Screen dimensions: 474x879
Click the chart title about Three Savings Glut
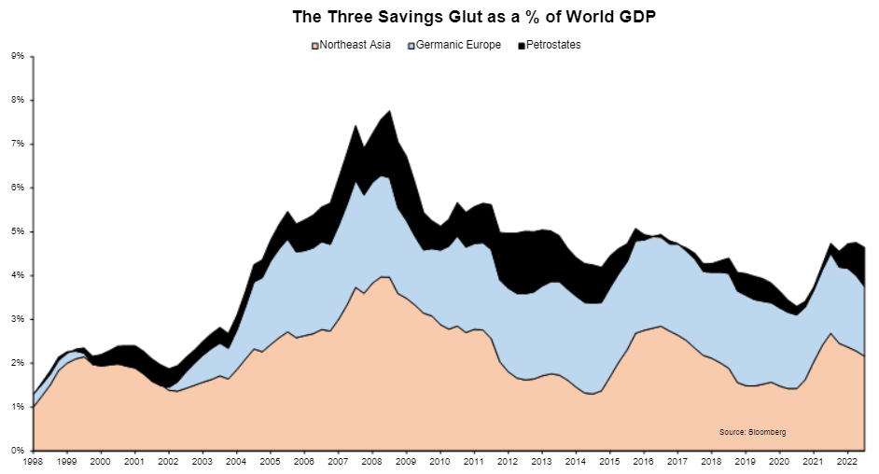coord(440,17)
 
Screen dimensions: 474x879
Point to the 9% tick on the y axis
coord(18,56)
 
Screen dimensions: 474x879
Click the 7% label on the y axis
coord(18,144)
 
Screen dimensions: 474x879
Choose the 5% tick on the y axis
coord(18,231)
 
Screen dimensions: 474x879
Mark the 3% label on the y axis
coord(18,319)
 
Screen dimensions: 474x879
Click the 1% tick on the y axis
coord(18,407)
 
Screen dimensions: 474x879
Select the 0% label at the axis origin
coord(18,451)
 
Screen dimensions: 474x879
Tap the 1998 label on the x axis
coord(33,462)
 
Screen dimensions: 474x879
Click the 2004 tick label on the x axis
coord(236,462)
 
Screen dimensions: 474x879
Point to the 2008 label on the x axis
coord(372,462)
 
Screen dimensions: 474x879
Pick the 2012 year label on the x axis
coord(508,462)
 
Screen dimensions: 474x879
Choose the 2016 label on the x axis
coord(644,462)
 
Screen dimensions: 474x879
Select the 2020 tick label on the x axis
coord(779,462)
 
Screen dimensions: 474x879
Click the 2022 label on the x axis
coord(847,462)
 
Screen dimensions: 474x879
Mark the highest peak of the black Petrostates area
coord(389,110)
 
